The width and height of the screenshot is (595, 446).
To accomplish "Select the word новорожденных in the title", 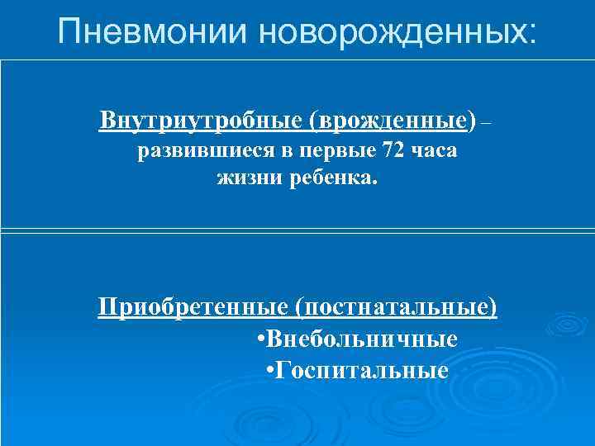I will click(388, 33).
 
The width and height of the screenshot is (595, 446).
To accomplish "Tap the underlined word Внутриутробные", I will click(202, 121).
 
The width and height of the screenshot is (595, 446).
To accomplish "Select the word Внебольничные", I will click(362, 339).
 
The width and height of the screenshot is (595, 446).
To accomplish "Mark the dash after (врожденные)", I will click(486, 124).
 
